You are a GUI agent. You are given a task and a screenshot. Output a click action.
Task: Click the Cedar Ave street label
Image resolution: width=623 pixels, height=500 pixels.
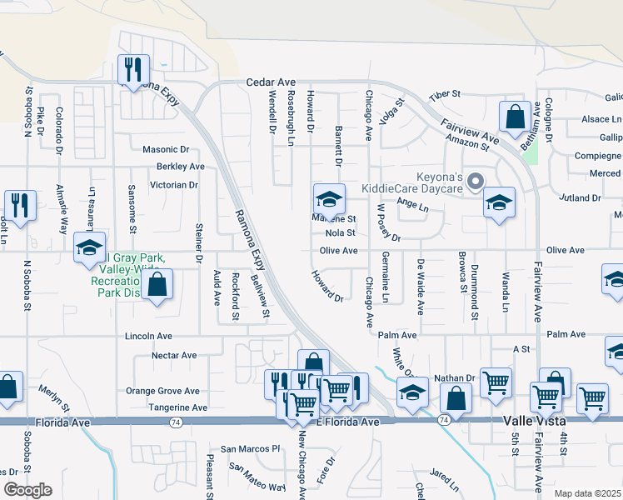coord(271,82)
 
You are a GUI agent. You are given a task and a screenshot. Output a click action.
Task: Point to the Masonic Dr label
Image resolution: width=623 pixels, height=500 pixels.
coord(166,150)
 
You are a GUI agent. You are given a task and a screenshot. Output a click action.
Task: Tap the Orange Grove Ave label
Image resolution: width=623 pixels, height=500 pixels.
coord(162,391)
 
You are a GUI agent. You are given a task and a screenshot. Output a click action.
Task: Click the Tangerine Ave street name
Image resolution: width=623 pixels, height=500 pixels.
coord(177,407)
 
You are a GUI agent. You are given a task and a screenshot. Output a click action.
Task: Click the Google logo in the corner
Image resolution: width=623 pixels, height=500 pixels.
coord(27,490)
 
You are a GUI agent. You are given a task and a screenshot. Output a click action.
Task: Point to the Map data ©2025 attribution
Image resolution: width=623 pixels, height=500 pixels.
coord(587,493)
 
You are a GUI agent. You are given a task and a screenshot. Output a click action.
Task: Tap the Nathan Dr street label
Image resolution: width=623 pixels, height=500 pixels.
coord(453,377)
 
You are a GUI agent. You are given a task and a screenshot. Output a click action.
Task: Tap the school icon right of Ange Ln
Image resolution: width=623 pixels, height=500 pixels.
coord(499,203)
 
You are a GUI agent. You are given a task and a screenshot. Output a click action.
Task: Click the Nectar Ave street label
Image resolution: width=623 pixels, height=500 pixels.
coord(174,355)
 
